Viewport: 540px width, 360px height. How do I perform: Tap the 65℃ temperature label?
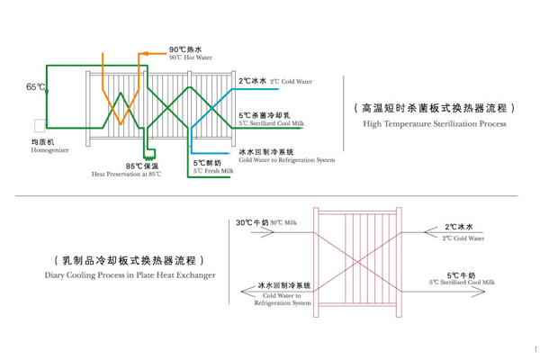pos(36,87)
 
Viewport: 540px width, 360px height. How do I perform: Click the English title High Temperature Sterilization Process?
pos(436,121)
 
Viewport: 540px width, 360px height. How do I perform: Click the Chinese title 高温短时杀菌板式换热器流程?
pos(436,105)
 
